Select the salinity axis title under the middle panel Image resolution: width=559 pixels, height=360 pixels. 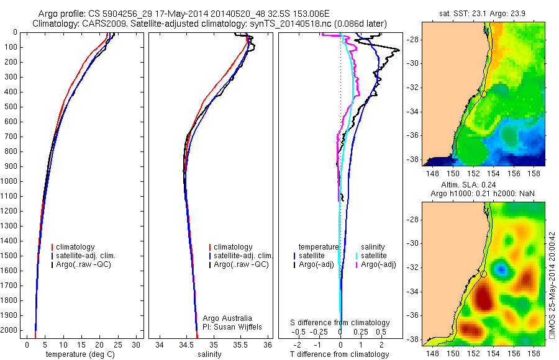coord(209,354)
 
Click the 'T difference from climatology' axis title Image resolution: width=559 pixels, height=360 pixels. coord(339,354)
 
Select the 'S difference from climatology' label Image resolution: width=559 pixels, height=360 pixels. coord(340,323)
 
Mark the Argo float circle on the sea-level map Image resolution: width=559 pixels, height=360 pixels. coord(483,274)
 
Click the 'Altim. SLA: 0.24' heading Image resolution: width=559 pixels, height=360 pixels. coord(483,184)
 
